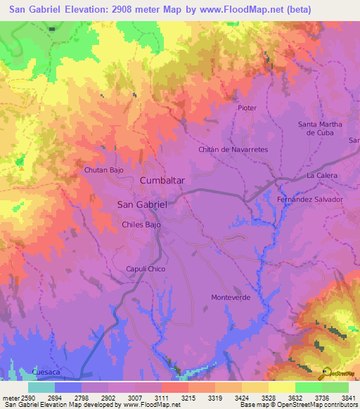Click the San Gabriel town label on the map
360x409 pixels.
pos(141,204)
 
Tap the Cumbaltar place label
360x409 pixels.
pos(162,181)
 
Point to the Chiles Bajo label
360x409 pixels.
pos(141,225)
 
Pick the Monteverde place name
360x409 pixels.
pos(231,297)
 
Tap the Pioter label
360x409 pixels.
pos(247,108)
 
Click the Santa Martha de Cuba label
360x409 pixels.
pos(320,129)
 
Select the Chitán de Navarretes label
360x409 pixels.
pos(233,150)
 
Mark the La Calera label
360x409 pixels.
pos(322,175)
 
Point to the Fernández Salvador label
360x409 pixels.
pos(310,199)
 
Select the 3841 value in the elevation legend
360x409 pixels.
pos(348,397)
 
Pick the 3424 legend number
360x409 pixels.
pos(242,397)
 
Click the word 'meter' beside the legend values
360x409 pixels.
pos(9,397)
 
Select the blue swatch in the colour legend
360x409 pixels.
pos(68,387)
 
